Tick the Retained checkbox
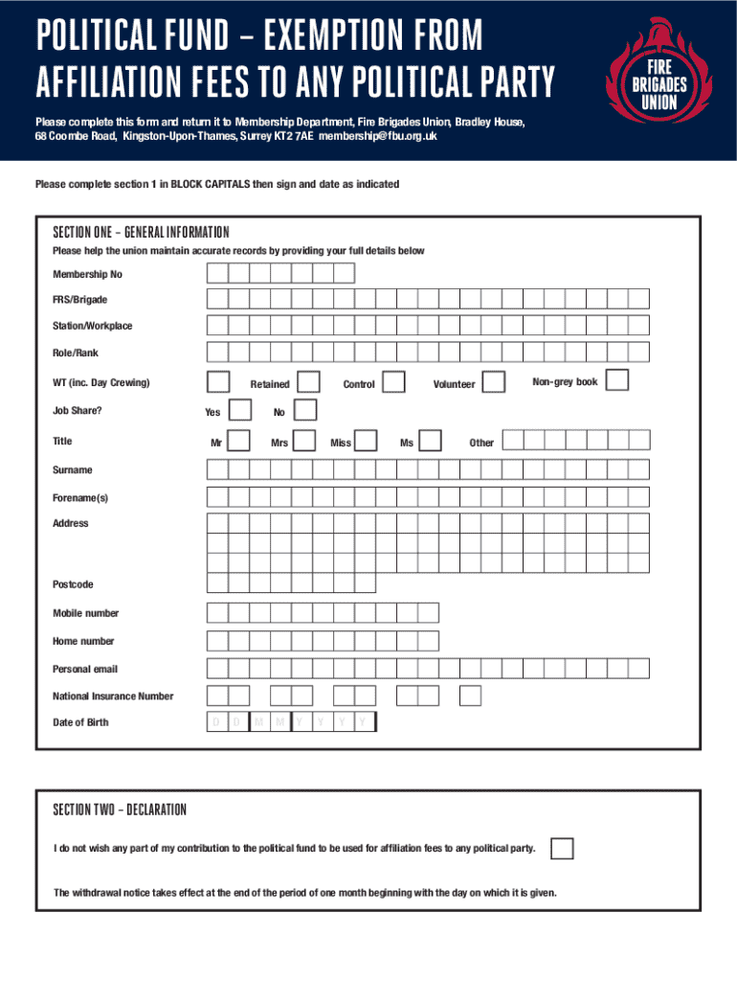pyautogui.click(x=308, y=383)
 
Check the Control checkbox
pyautogui.click(x=391, y=383)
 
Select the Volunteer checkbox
pyautogui.click(x=493, y=383)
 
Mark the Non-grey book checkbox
pyautogui.click(x=617, y=380)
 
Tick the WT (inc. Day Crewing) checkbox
pyautogui.click(x=218, y=382)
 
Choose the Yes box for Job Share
pyautogui.click(x=242, y=412)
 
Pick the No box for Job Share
pyautogui.click(x=304, y=412)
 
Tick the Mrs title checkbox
pyautogui.click(x=304, y=441)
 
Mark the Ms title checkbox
pyautogui.click(x=431, y=441)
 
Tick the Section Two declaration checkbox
pyautogui.click(x=563, y=849)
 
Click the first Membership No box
pyautogui.click(x=217, y=274)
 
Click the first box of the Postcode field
pyautogui.click(x=217, y=583)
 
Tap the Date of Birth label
pyautogui.click(x=80, y=722)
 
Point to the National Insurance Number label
pyautogui.click(x=113, y=696)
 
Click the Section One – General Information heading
pyautogui.click(x=141, y=233)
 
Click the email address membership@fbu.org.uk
pyautogui.click(x=379, y=137)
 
